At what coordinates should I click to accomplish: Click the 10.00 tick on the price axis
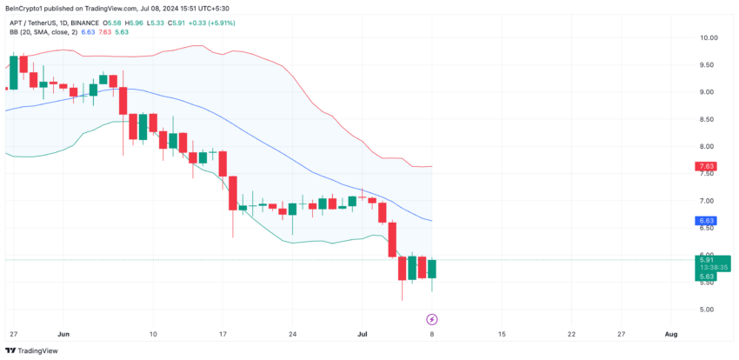pos(709,38)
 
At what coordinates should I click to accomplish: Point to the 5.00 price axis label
pos(707,310)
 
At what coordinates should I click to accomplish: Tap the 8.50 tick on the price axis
pos(707,119)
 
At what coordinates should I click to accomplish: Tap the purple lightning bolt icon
pos(433,319)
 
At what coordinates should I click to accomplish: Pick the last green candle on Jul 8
pos(433,270)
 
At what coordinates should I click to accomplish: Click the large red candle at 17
pos(223,180)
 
